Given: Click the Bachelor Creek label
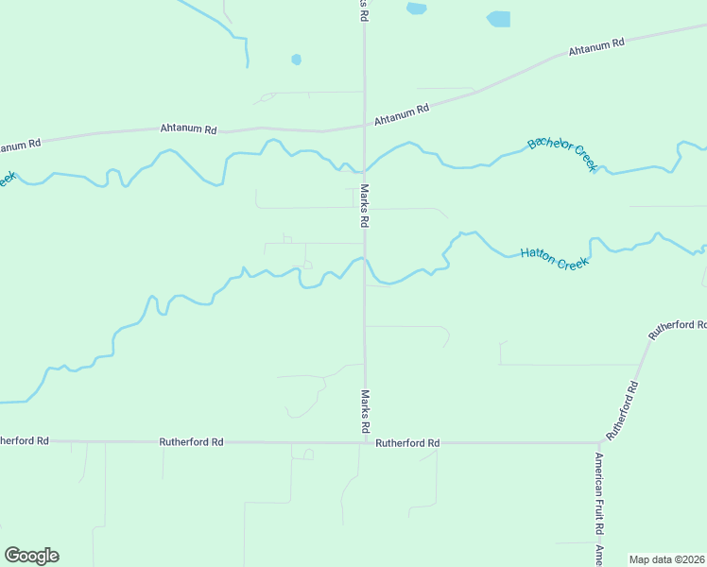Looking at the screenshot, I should [x=562, y=154].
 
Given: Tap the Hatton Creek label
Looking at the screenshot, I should [x=555, y=258].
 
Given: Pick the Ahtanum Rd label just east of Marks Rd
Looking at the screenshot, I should [x=402, y=114].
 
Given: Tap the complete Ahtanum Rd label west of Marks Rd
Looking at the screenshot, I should [x=189, y=129].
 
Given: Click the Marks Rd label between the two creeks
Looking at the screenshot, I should [x=363, y=206].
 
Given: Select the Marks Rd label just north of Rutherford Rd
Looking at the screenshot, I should [x=364, y=411].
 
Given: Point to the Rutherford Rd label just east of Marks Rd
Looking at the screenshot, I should [x=407, y=442].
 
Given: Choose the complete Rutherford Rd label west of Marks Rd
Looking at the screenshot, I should [x=191, y=441].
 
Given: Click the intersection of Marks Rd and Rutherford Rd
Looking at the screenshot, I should [x=365, y=442].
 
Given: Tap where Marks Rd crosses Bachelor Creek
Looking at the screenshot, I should [x=365, y=171].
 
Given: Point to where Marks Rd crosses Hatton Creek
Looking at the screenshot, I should [x=365, y=261].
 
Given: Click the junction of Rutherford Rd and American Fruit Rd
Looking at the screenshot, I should [x=599, y=442].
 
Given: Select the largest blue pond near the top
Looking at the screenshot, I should [x=498, y=19].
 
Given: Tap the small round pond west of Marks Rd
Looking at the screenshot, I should [x=297, y=60].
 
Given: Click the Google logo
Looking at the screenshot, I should [x=32, y=556].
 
